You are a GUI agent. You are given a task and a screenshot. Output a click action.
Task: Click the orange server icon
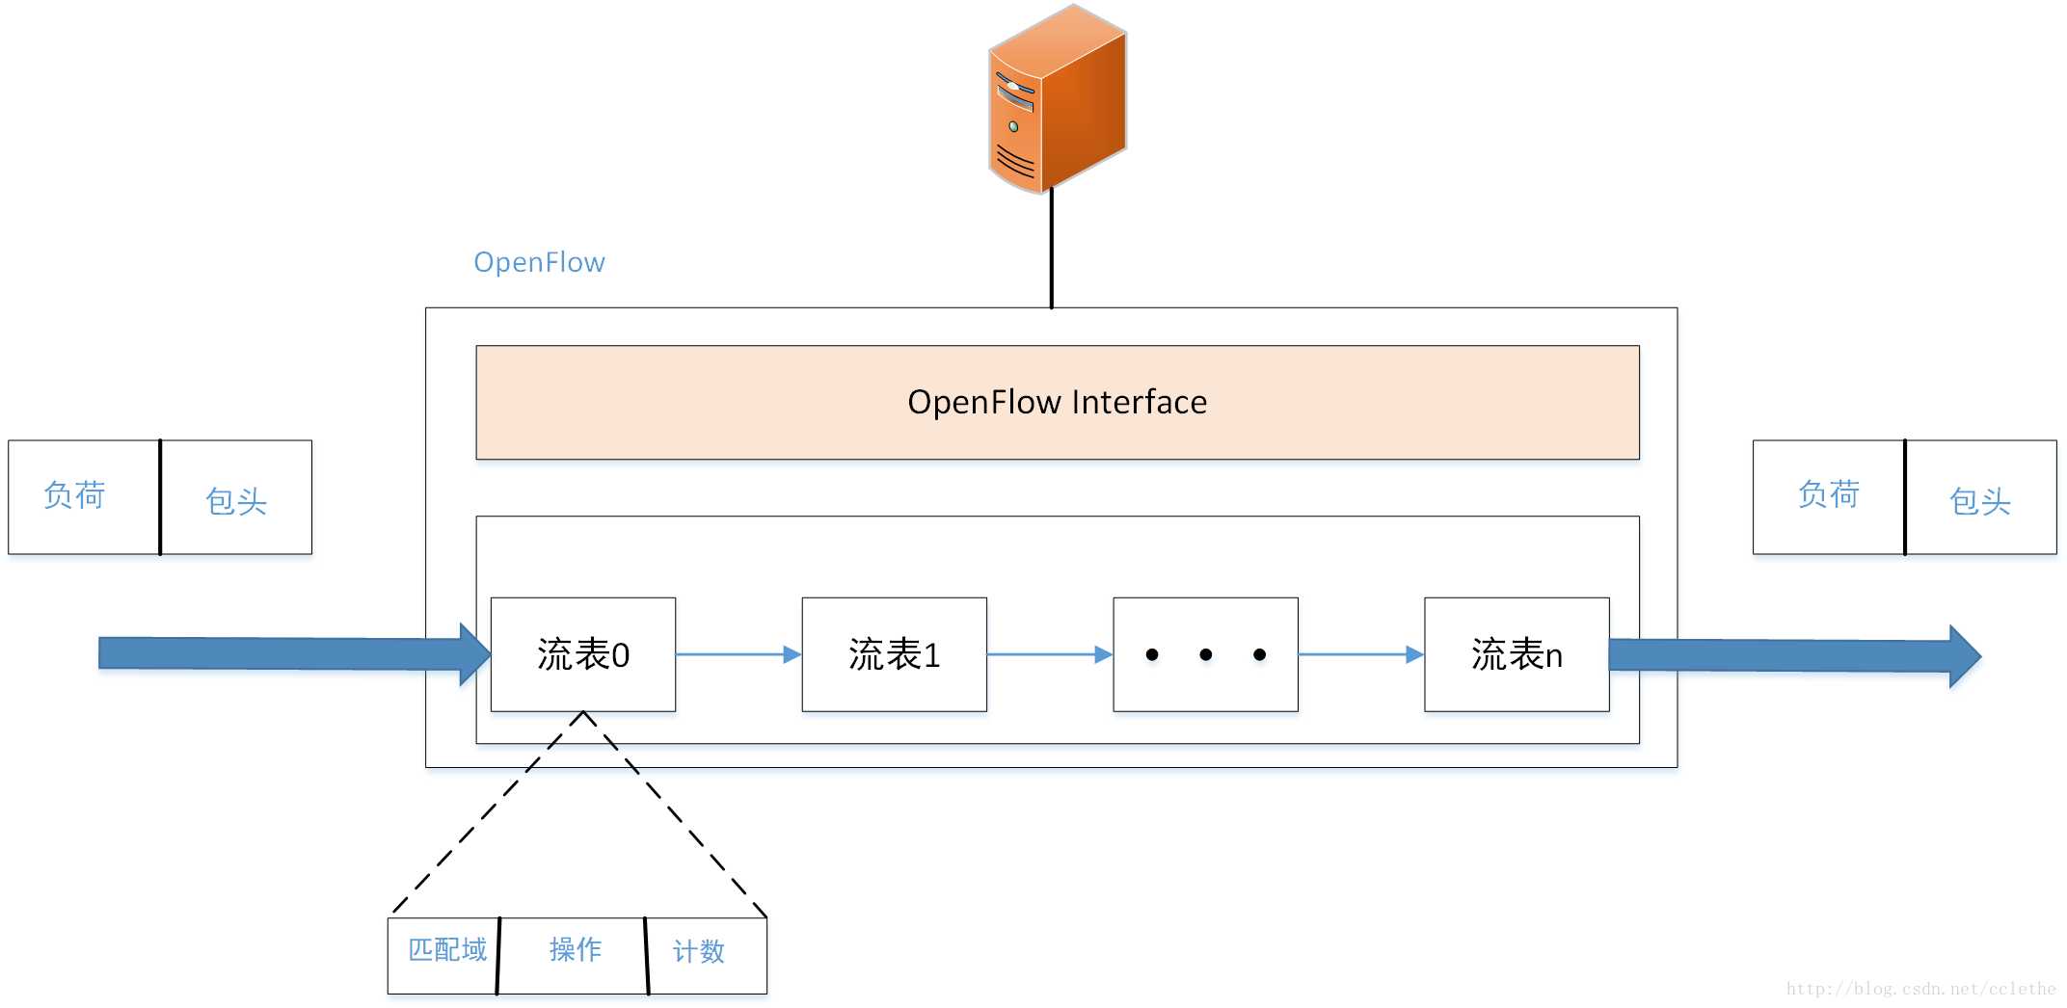point(1058,99)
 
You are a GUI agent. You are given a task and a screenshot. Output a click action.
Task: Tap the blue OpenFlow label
point(539,262)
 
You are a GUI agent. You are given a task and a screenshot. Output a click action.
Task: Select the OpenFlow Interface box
point(1057,402)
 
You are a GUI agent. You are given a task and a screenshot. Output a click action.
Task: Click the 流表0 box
point(583,654)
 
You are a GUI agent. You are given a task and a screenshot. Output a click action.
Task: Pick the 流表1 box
point(894,654)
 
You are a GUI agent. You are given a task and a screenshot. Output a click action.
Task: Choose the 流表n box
point(1517,654)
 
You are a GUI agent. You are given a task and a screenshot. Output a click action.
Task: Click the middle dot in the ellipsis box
point(1205,655)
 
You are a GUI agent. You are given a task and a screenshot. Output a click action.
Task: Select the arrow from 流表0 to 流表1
point(738,654)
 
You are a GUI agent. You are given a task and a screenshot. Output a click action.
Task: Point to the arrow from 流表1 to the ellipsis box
point(1049,654)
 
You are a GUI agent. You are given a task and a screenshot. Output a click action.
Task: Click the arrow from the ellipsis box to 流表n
point(1360,654)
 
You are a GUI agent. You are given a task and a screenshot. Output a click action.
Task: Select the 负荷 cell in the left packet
point(83,496)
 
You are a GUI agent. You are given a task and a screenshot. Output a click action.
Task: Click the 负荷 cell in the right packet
point(1828,495)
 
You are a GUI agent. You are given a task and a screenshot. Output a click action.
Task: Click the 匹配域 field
point(445,951)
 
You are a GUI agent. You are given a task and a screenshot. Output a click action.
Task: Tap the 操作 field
point(575,951)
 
